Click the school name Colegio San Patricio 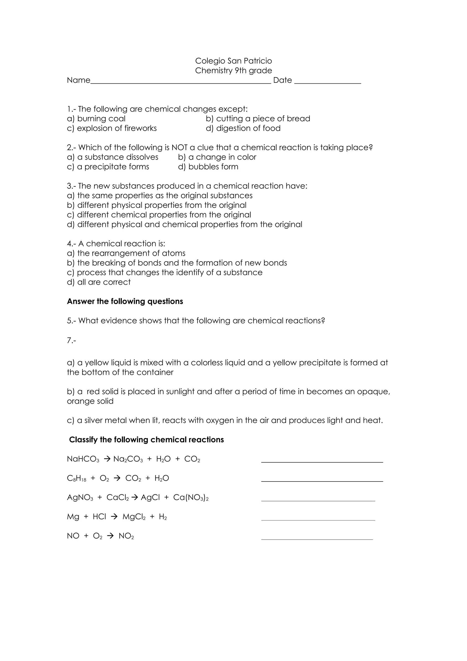(233, 61)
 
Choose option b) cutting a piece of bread (258, 119)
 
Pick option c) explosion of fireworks (112, 128)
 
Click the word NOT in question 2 (179, 147)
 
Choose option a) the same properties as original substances (160, 195)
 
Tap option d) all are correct (99, 282)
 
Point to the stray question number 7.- (71, 341)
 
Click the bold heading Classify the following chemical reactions (146, 440)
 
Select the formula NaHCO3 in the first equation (83, 459)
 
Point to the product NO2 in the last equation (126, 536)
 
